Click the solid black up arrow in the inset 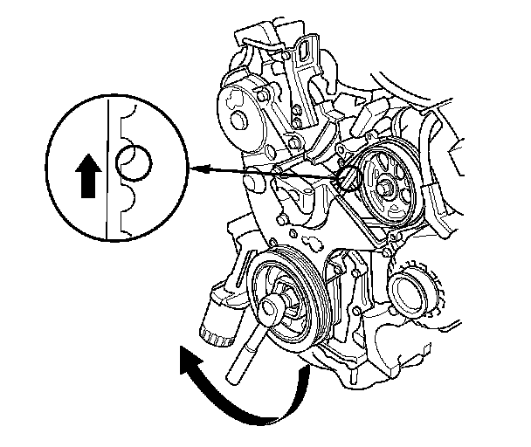pos(85,178)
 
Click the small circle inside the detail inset pos(134,162)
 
